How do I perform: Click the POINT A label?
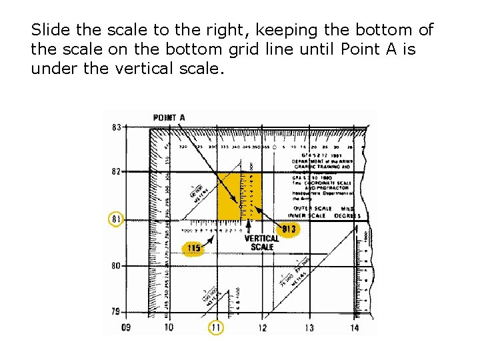tap(169, 118)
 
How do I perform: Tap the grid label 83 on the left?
tap(117, 127)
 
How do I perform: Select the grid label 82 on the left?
tap(117, 171)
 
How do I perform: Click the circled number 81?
tap(117, 219)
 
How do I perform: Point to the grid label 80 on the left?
tap(117, 266)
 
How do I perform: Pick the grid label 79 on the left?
tap(117, 311)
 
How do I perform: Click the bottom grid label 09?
tap(126, 327)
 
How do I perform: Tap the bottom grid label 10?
tap(169, 327)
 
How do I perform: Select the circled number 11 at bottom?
tap(215, 327)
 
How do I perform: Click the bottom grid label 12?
tap(262, 327)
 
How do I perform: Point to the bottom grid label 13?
tap(309, 327)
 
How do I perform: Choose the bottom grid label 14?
tap(354, 327)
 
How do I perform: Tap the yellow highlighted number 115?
tap(193, 249)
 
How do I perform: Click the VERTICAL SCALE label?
tap(262, 243)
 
